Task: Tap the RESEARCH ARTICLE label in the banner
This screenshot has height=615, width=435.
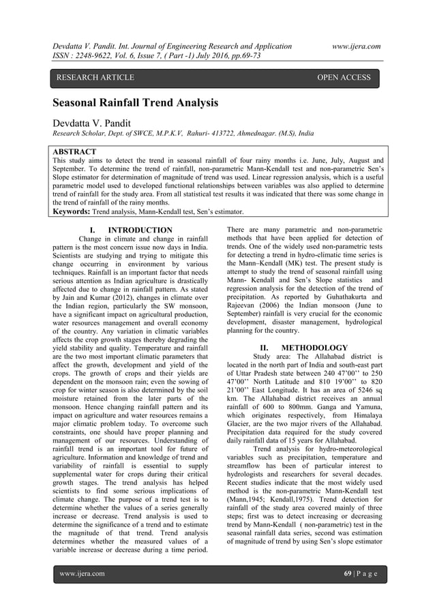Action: pyautogui.click(x=95, y=78)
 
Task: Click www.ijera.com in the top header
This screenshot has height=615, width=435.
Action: pyautogui.click(x=355, y=46)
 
